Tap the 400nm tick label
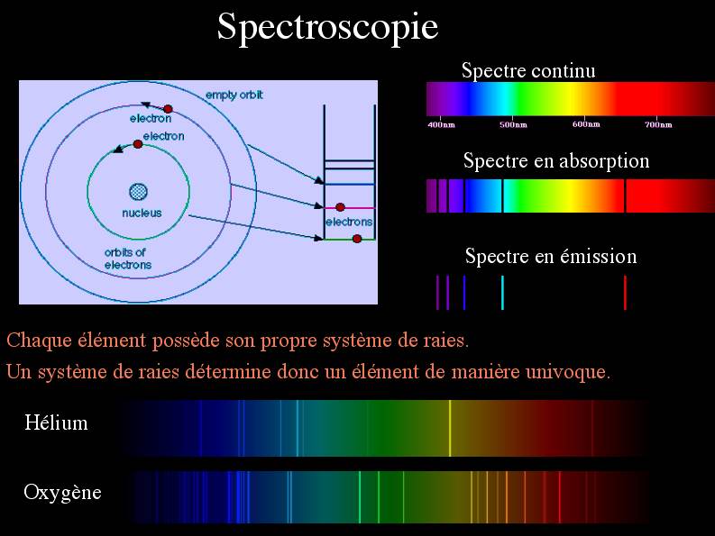click(441, 124)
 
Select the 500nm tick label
click(513, 124)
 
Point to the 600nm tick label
click(586, 124)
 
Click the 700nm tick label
click(658, 124)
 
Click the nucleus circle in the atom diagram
click(138, 192)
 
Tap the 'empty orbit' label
click(234, 95)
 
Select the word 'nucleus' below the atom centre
click(142, 213)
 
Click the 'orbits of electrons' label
click(128, 259)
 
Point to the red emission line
click(625, 293)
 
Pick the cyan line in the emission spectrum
click(502, 293)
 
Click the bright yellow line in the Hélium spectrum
click(450, 428)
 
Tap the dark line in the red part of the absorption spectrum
click(625, 196)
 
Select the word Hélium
click(56, 422)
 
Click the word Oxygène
click(62, 493)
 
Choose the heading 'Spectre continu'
click(528, 70)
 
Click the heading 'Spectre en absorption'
click(556, 161)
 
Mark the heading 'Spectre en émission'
click(551, 256)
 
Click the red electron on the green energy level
click(357, 239)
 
